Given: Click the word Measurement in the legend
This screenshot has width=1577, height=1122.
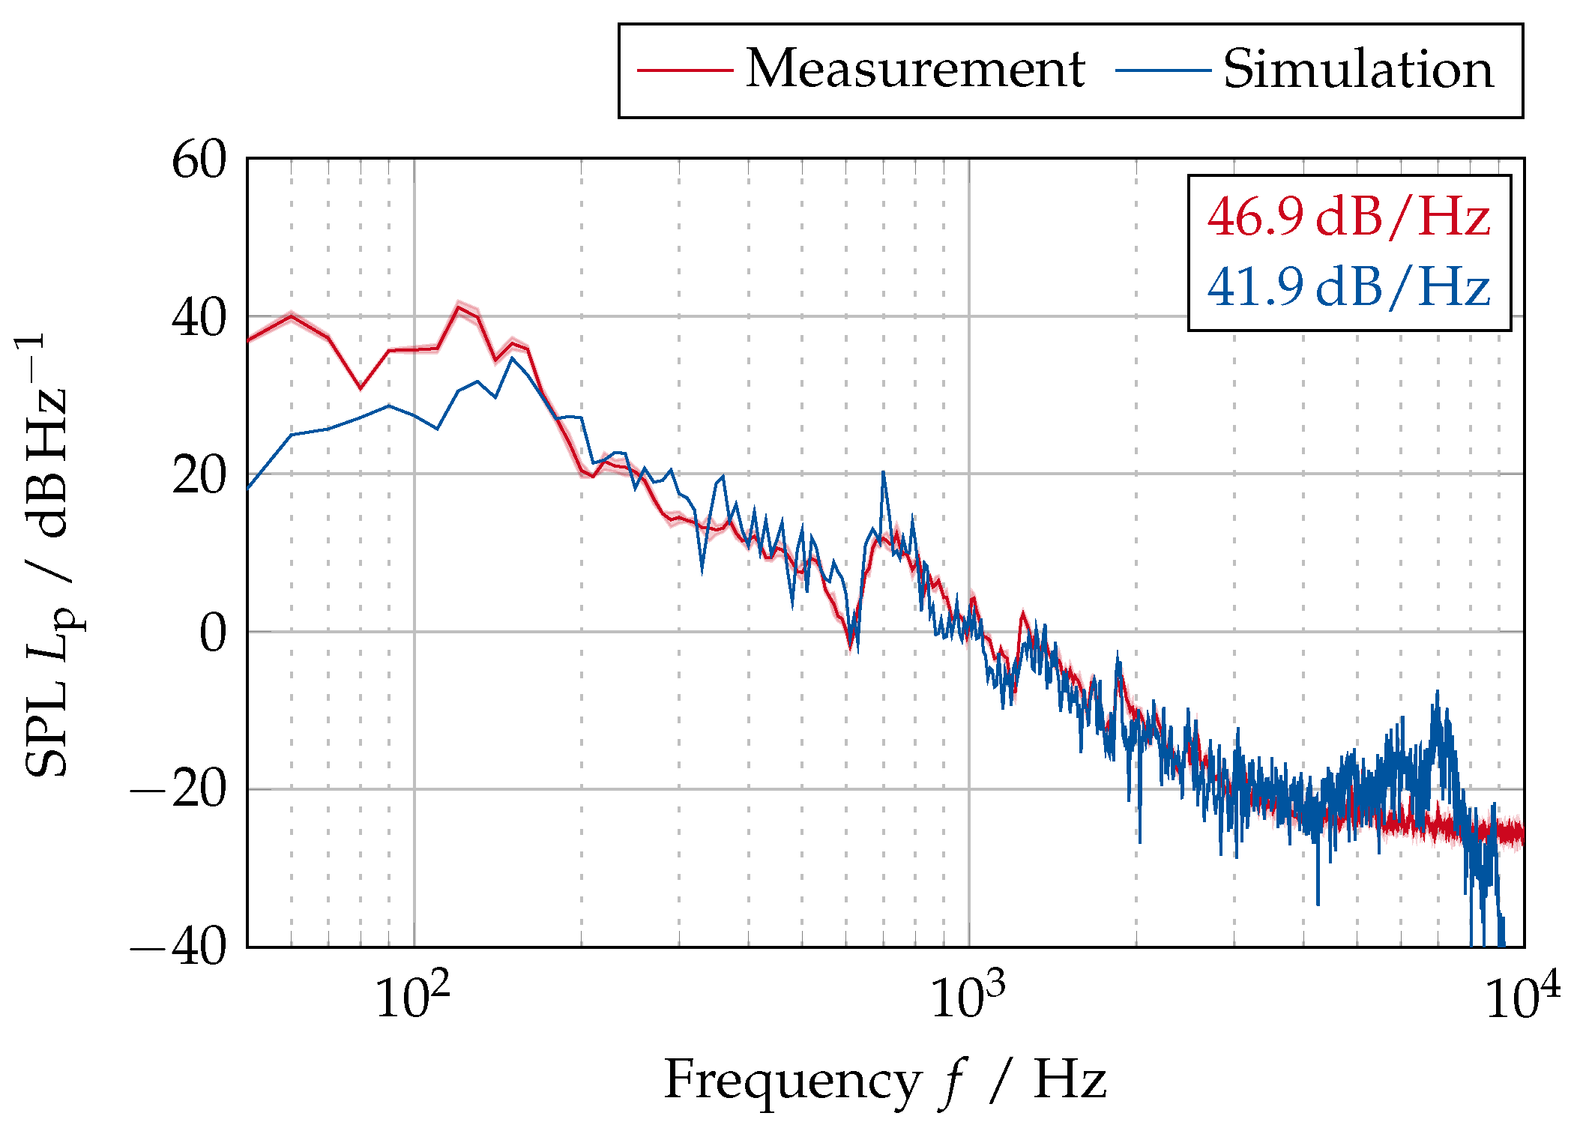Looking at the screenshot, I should (914, 69).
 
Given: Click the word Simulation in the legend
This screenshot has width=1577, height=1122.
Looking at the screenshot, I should (1358, 69).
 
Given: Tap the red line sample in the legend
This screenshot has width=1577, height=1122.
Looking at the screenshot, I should (684, 70).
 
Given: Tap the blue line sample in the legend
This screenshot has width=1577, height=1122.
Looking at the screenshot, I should (1163, 70).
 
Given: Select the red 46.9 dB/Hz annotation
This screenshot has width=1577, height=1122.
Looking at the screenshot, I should (1348, 217).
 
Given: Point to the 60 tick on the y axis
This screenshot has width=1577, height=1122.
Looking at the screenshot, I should (199, 160).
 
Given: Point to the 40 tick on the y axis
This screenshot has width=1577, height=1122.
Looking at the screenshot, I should (199, 318).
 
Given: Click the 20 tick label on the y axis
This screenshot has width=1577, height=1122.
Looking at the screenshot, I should (199, 475).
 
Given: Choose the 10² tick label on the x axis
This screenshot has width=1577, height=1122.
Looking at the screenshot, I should (412, 996).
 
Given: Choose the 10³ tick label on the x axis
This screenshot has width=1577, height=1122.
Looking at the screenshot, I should (968, 996).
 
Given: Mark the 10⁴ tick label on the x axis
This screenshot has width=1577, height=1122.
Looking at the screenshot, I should (1522, 996).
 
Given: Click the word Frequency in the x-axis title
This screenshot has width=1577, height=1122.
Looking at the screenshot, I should (791, 1080).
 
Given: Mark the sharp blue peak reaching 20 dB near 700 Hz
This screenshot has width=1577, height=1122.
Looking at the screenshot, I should (884, 473).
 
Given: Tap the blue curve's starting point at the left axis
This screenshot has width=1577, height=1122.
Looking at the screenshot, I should (250, 487).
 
